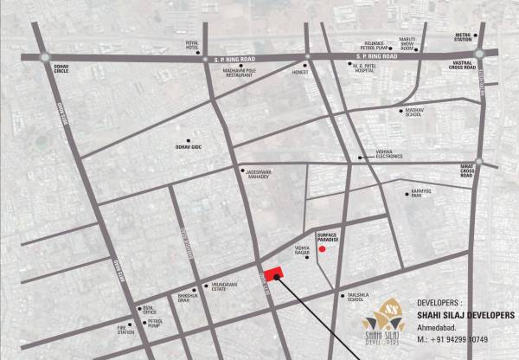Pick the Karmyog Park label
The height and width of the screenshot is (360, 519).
pyautogui.click(x=419, y=196)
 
